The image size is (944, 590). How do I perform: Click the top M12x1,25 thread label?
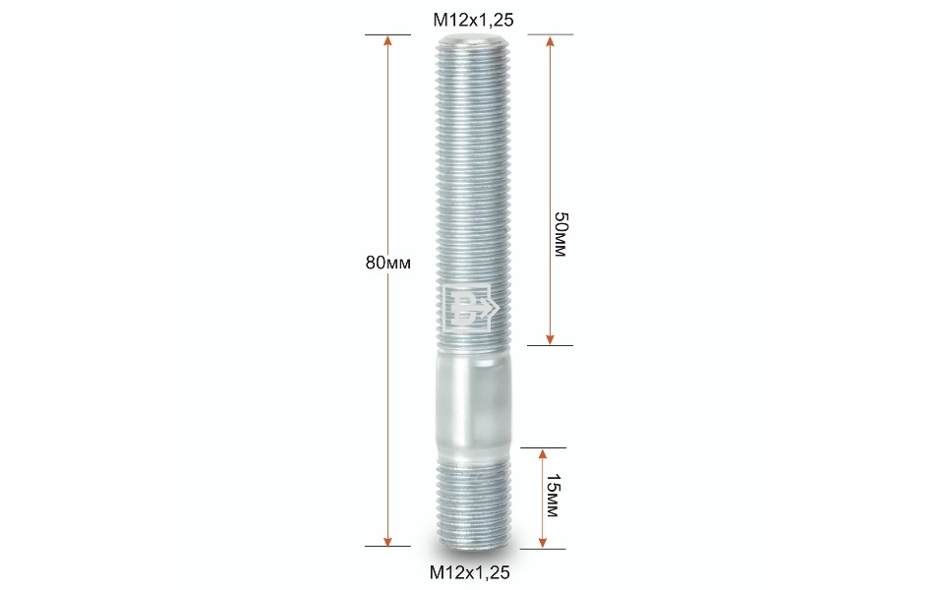[473, 20]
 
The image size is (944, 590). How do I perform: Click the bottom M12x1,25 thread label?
[470, 572]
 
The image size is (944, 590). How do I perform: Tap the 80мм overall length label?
[387, 263]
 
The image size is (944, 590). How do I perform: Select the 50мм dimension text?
[560, 234]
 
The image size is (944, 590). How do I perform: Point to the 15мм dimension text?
[552, 496]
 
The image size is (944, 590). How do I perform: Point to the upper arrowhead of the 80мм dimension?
[387, 40]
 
